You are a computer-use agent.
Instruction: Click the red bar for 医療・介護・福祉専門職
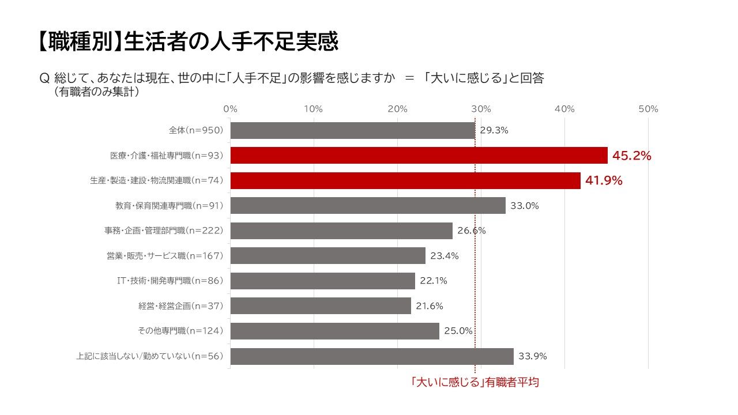coord(419,155)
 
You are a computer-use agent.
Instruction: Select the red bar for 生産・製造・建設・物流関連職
coord(405,180)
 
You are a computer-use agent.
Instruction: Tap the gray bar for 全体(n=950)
coord(352,130)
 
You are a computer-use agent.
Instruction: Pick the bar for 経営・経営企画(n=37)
coord(321,305)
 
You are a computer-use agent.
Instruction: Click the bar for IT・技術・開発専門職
coord(322,281)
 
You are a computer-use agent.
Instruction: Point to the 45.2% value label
coord(631,155)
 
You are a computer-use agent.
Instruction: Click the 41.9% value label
coord(604,180)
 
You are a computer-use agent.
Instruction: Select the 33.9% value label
coord(532,356)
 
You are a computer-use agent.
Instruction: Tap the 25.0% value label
coord(458,331)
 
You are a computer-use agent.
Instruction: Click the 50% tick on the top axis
coord(648,109)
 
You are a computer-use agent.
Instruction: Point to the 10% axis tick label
coord(313,109)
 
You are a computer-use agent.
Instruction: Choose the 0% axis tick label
coord(230,109)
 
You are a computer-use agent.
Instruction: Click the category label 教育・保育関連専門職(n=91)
coord(169,205)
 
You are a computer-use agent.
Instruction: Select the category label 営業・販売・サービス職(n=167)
coord(164,256)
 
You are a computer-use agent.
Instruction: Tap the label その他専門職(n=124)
coord(180,331)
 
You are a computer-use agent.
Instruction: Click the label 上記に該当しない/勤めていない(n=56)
coord(149,356)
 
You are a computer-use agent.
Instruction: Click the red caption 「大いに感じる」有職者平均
coord(474,382)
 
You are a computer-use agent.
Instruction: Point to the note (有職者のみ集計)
coord(96,92)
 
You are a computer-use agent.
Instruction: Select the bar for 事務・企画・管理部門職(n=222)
coord(341,231)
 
